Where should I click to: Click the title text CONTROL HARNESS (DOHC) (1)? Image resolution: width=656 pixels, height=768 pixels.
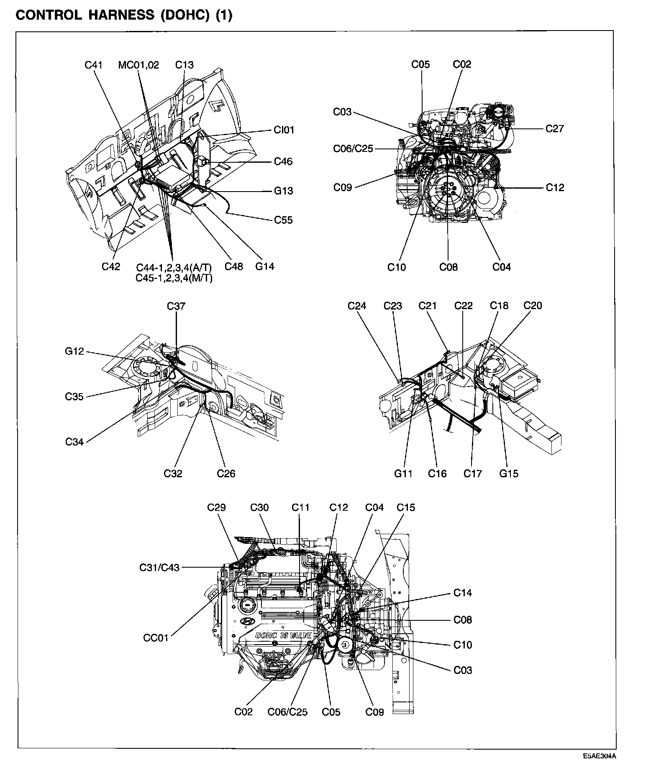[x=123, y=15]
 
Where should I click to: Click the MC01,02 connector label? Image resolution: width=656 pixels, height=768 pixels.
[x=138, y=65]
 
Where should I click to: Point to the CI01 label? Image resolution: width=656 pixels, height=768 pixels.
[x=284, y=130]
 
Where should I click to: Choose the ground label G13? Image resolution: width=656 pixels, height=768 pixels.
[x=283, y=191]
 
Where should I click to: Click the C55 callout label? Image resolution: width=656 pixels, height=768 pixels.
[x=283, y=220]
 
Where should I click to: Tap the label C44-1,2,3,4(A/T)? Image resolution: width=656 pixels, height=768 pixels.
[x=174, y=268]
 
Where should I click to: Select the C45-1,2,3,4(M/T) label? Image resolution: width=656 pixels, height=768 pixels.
[x=174, y=278]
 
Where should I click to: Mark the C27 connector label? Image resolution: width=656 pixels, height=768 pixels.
[x=555, y=129]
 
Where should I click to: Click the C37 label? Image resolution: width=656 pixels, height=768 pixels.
[x=176, y=306]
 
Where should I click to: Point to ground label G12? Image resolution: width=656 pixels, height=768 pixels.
[x=74, y=351]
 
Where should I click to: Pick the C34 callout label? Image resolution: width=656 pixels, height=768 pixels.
[x=74, y=442]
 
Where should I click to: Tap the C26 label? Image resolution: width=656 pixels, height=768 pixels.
[x=226, y=474]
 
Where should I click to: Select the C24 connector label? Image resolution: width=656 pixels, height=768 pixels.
[x=357, y=306]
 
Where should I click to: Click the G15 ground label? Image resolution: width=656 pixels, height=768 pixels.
[x=509, y=474]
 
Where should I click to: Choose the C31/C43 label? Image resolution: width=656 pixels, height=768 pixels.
[x=159, y=568]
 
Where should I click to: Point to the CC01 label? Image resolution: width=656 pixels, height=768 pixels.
[x=156, y=638]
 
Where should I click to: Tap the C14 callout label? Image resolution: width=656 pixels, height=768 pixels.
[x=463, y=593]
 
